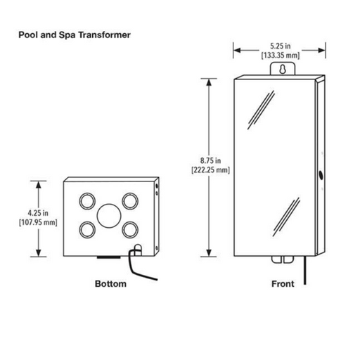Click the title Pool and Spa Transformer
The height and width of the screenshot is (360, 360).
point(75,35)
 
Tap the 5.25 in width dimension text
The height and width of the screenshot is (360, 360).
point(281,46)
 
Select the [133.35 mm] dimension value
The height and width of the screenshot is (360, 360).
point(281,56)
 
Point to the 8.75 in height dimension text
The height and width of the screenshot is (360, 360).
point(210,160)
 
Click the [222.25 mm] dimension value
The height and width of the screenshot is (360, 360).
point(210,169)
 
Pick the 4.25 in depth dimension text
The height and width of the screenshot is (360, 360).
point(38,213)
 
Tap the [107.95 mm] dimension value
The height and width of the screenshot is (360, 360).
point(38,222)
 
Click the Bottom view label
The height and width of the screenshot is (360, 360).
point(110,284)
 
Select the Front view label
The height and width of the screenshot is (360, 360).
point(283,284)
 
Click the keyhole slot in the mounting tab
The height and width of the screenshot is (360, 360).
point(283,69)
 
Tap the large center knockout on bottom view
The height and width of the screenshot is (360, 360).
point(109,216)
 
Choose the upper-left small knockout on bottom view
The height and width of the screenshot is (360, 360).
point(87,201)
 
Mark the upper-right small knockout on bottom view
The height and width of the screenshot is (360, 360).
point(130,201)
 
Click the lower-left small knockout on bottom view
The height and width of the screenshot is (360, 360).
point(87,230)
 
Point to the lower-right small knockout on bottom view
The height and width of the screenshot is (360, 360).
point(130,230)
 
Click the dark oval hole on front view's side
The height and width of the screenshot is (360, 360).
point(321,175)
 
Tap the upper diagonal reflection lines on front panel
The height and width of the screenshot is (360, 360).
point(261,110)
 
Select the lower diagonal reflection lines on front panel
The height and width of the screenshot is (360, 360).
point(286,217)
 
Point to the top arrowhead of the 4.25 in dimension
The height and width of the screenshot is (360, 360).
point(39,185)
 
